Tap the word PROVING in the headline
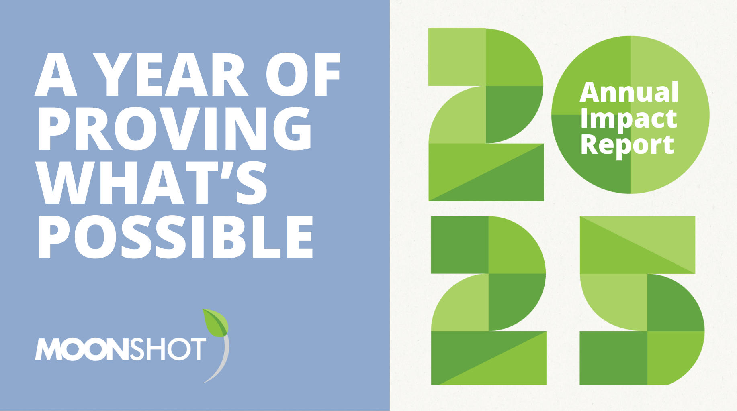(174, 128)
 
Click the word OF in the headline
(303, 75)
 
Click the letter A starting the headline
(55, 75)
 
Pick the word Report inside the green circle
(627, 145)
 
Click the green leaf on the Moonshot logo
(215, 323)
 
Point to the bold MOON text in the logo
(82, 349)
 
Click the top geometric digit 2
(486, 115)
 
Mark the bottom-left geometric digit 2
(488, 300)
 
